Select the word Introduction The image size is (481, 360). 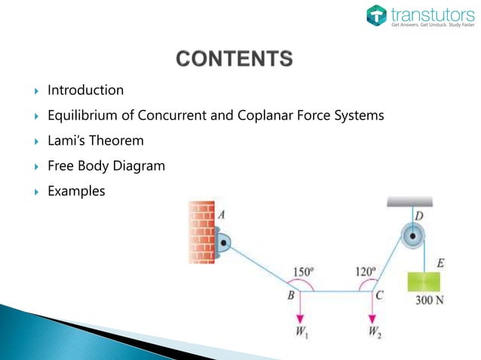pyautogui.click(x=85, y=90)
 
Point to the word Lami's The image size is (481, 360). pyautogui.click(x=66, y=140)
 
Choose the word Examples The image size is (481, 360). pyautogui.click(x=76, y=191)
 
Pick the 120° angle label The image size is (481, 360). pyautogui.click(x=367, y=271)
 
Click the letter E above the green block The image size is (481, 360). pyautogui.click(x=440, y=263)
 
